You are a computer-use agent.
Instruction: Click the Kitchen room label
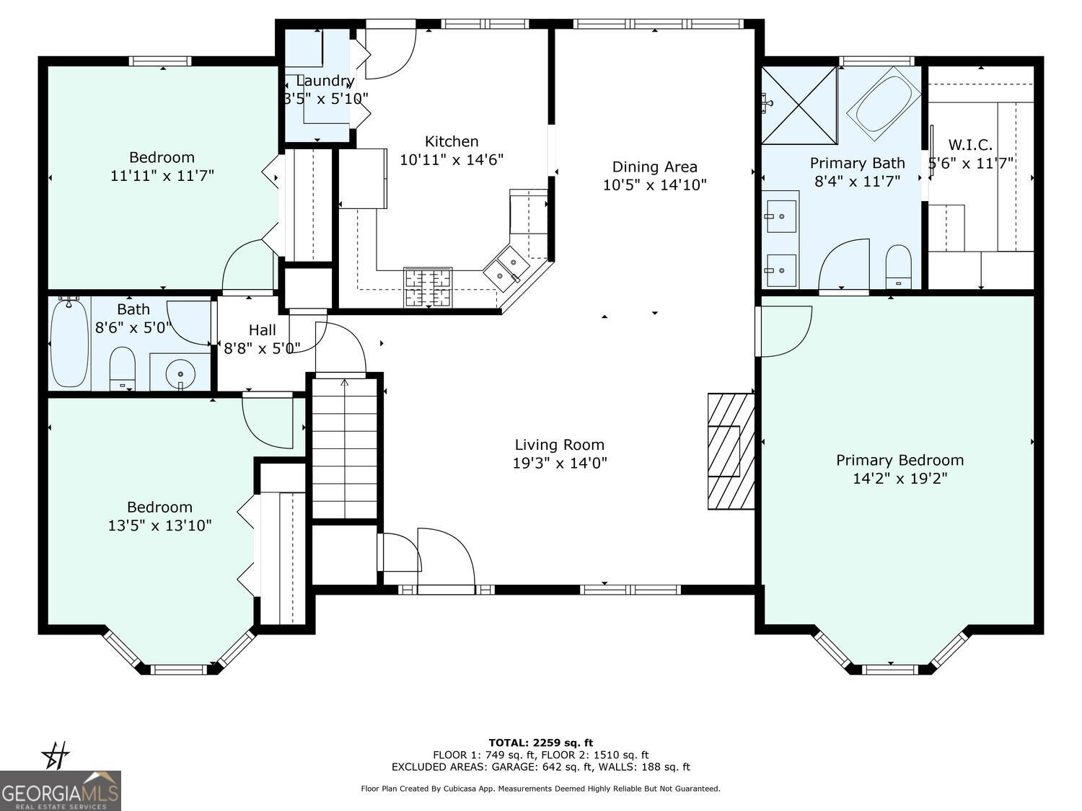click(x=451, y=141)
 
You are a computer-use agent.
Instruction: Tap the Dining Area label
click(x=654, y=167)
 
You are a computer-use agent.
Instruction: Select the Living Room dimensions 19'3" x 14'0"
click(x=560, y=464)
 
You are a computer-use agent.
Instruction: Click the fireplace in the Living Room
click(x=729, y=451)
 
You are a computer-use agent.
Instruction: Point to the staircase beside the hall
click(x=345, y=447)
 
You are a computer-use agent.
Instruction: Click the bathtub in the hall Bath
click(x=69, y=343)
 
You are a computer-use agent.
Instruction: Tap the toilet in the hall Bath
click(x=123, y=368)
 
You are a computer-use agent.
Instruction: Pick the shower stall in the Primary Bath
click(x=800, y=105)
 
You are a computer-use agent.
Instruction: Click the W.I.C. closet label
click(x=969, y=144)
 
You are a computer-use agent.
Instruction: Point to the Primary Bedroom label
click(x=900, y=460)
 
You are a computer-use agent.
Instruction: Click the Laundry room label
click(x=325, y=81)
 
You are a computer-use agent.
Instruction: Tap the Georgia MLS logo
click(x=60, y=790)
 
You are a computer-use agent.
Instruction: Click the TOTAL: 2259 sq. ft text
click(x=540, y=743)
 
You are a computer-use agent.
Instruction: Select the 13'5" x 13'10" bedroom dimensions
click(x=159, y=526)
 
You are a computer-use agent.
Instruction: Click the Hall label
click(x=262, y=330)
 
